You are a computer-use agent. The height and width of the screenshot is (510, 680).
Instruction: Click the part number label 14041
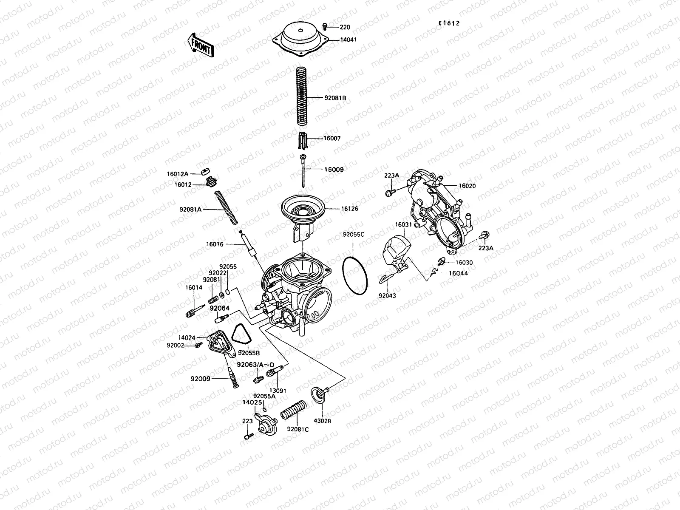pyautogui.click(x=348, y=40)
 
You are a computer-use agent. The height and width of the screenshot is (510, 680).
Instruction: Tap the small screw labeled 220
pyautogui.click(x=325, y=27)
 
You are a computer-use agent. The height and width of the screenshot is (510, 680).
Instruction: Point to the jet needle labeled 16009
pyautogui.click(x=303, y=170)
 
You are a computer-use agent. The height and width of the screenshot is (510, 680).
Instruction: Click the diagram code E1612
pyautogui.click(x=449, y=24)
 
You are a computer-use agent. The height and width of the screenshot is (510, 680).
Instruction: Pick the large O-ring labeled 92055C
pyautogui.click(x=355, y=276)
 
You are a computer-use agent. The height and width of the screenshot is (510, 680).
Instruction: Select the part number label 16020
pyautogui.click(x=467, y=186)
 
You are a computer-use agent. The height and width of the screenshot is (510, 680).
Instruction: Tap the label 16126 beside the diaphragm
pyautogui.click(x=349, y=209)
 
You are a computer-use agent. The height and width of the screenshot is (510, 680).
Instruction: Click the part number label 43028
pyautogui.click(x=322, y=421)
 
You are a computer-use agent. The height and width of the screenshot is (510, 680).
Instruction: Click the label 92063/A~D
pyautogui.click(x=255, y=364)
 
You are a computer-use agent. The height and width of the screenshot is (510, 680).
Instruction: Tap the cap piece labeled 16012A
pyautogui.click(x=207, y=172)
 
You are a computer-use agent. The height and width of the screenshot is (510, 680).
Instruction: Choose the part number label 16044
pyautogui.click(x=458, y=273)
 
